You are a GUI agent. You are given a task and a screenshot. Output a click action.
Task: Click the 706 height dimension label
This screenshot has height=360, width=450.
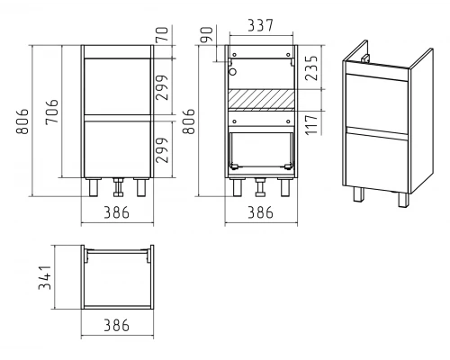click(x=52, y=112)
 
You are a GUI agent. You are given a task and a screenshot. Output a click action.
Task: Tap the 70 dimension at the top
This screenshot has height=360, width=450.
click(x=163, y=34)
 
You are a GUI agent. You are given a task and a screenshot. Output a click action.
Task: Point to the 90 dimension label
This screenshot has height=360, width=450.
click(x=207, y=34)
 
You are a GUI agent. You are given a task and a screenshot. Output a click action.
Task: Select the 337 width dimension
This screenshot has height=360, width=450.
click(x=261, y=25)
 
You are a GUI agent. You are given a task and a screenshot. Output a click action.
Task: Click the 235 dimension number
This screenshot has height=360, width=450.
click(x=311, y=67)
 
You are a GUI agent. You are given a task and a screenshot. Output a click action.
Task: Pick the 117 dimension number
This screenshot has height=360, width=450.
click(x=311, y=124)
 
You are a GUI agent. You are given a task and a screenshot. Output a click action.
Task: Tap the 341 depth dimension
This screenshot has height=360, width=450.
click(x=45, y=277)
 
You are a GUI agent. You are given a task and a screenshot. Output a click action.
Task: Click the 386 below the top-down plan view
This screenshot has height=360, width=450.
click(x=116, y=326)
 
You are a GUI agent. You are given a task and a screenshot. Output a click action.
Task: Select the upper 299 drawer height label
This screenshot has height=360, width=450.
click(x=162, y=87)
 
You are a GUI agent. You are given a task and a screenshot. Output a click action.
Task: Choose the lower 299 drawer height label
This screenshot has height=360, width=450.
click(x=162, y=150)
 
